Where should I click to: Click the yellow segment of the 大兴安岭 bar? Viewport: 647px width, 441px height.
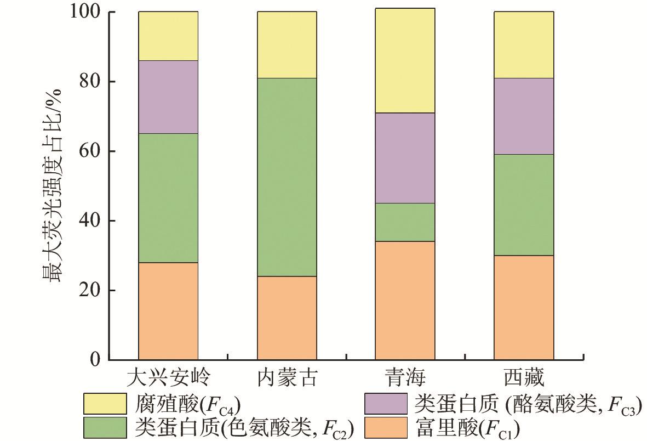(x=168, y=36)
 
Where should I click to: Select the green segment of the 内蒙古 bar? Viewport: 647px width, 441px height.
(x=287, y=177)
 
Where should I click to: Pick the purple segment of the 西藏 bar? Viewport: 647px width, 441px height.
(x=524, y=116)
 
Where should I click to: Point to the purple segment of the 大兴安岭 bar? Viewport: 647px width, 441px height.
(x=168, y=97)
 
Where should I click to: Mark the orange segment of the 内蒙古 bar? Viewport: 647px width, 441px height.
(x=287, y=318)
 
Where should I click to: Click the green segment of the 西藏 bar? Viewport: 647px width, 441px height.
(x=524, y=205)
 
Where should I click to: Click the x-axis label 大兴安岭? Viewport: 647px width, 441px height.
(x=168, y=378)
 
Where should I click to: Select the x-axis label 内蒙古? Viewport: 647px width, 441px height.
(x=287, y=378)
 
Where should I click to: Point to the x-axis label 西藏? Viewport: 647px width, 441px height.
(x=524, y=378)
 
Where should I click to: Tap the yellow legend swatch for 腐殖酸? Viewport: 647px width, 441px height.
(x=104, y=404)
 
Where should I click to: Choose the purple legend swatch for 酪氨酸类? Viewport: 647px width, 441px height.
(x=386, y=404)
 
